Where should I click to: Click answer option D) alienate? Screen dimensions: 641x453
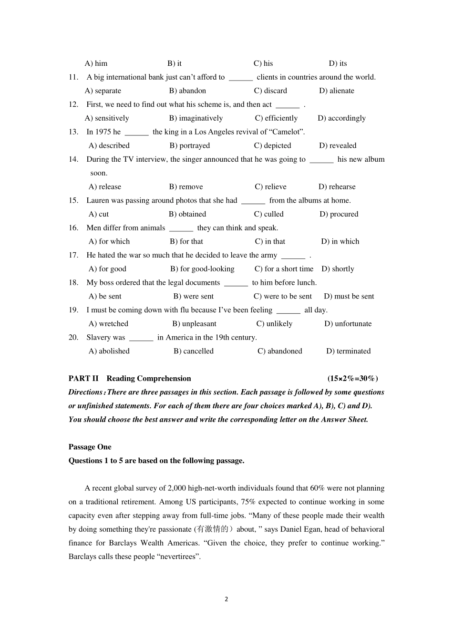click(x=337, y=91)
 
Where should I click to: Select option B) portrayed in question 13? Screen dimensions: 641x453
click(x=190, y=145)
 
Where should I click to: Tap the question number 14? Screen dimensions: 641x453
click(x=73, y=159)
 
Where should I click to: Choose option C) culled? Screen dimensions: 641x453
click(x=269, y=214)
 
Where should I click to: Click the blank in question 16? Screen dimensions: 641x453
click(x=181, y=228)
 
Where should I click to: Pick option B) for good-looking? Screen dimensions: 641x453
click(x=202, y=269)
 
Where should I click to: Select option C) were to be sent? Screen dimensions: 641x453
click(x=283, y=296)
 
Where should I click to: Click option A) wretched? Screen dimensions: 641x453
click(x=108, y=324)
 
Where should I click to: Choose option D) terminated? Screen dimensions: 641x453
click(x=348, y=351)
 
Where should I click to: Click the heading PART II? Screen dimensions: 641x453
click(x=83, y=379)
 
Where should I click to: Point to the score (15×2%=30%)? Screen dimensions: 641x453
click(x=352, y=379)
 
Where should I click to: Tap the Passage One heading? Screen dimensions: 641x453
click(x=90, y=447)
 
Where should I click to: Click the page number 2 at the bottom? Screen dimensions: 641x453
click(x=226, y=599)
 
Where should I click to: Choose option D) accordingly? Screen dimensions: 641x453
click(x=342, y=118)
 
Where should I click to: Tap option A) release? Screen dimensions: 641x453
click(x=105, y=187)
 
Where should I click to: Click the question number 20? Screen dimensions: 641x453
click(x=73, y=338)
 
